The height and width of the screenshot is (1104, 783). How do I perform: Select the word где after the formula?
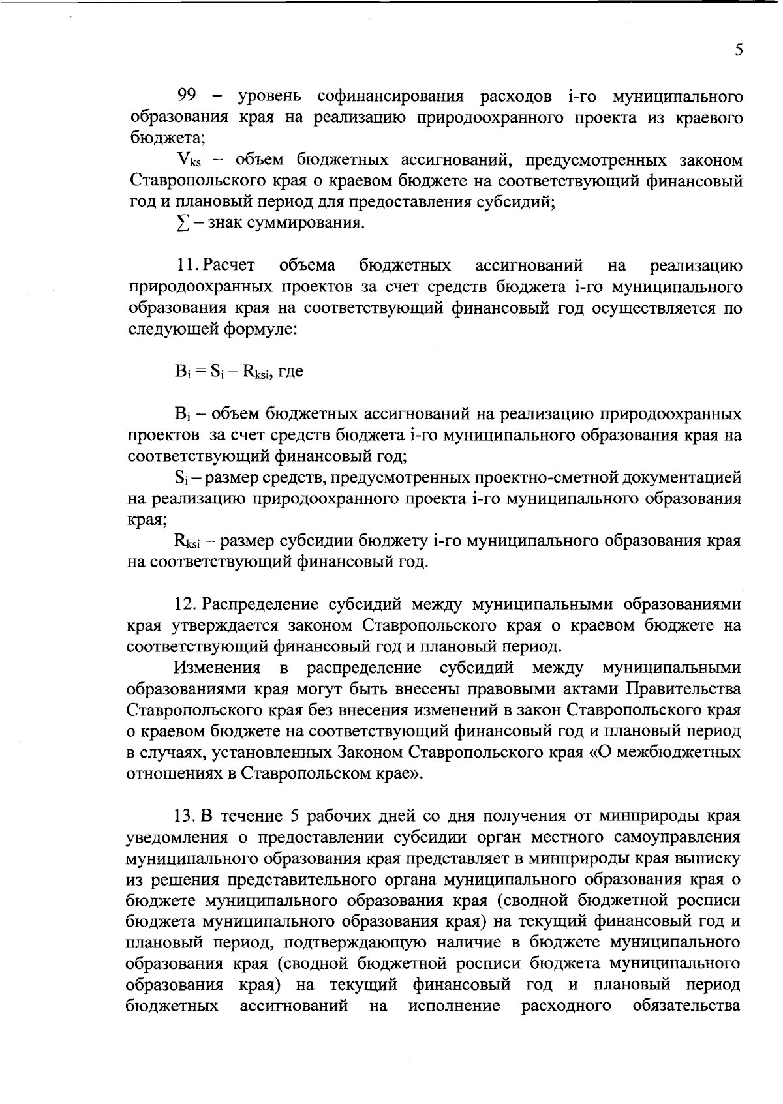point(290,372)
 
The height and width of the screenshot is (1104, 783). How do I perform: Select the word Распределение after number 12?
point(260,604)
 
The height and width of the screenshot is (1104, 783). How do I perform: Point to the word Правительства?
point(683,689)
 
